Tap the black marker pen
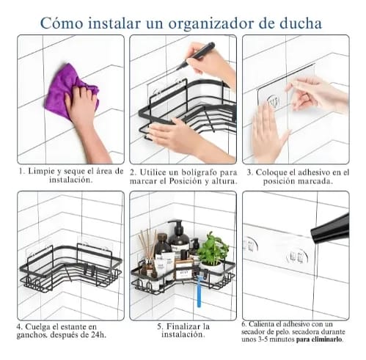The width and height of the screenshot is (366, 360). click(196, 56)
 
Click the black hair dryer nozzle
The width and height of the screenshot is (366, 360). click(330, 229)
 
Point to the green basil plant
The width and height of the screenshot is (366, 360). click(212, 248)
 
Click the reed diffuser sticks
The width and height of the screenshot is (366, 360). click(147, 243)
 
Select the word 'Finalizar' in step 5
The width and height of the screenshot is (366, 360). click(183, 326)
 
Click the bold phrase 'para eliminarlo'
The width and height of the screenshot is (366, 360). click(320, 339)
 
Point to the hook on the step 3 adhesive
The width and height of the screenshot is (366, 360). click(273, 101)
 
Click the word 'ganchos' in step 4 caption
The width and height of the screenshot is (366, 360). click(32, 335)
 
